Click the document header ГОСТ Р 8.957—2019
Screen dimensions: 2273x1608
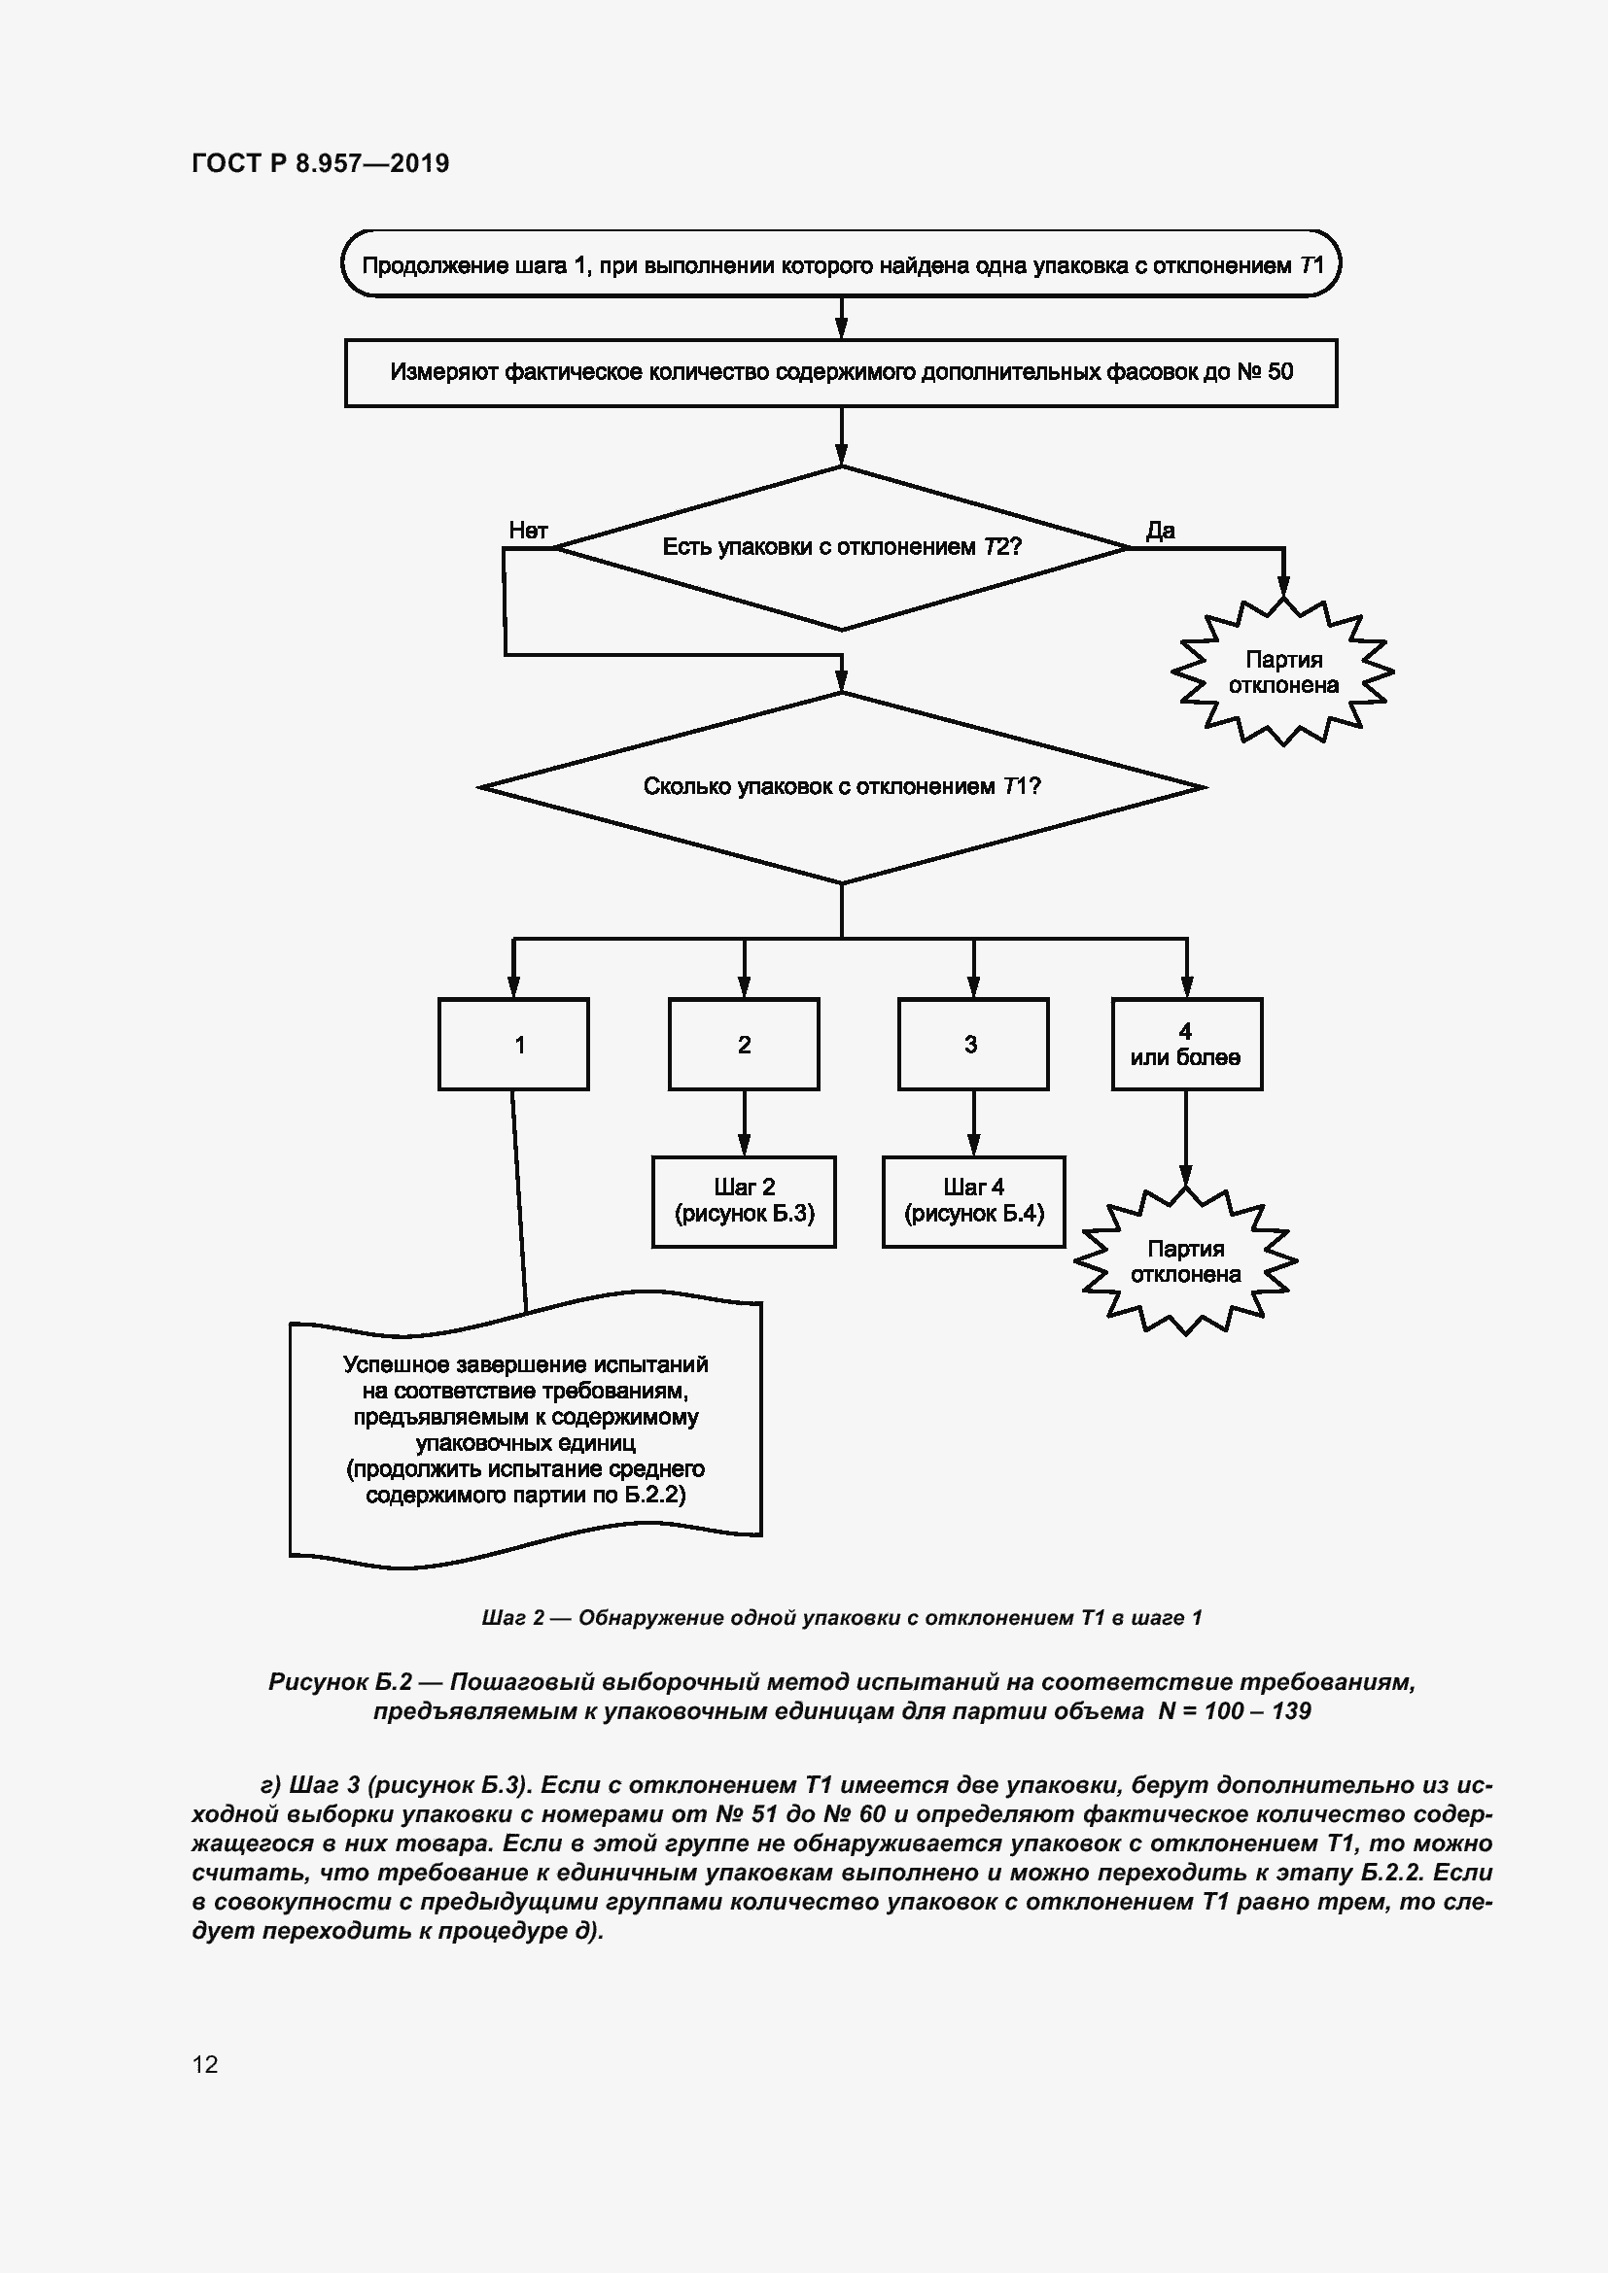(320, 163)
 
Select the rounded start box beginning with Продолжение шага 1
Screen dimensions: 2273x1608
(841, 264)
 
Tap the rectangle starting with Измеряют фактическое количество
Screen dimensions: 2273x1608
(841, 372)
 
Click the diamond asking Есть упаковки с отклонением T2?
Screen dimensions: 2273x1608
(841, 546)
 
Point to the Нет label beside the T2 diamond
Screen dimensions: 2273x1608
(528, 531)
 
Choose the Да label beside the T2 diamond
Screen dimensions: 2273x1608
(1161, 531)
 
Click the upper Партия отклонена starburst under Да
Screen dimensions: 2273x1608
(1283, 672)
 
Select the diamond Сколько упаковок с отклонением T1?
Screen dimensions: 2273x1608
(841, 787)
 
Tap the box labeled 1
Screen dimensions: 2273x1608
(513, 1045)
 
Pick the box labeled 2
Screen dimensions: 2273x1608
(744, 1045)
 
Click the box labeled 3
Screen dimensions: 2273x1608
(972, 1045)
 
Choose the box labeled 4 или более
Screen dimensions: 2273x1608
(1186, 1045)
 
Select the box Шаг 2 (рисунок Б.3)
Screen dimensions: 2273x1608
(744, 1201)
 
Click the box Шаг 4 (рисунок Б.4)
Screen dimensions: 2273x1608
(973, 1201)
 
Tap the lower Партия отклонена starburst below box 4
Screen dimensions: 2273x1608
(1185, 1262)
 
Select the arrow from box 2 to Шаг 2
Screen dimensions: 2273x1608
(745, 1123)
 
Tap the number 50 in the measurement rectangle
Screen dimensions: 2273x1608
(1279, 372)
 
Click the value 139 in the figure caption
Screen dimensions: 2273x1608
(1291, 1710)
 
